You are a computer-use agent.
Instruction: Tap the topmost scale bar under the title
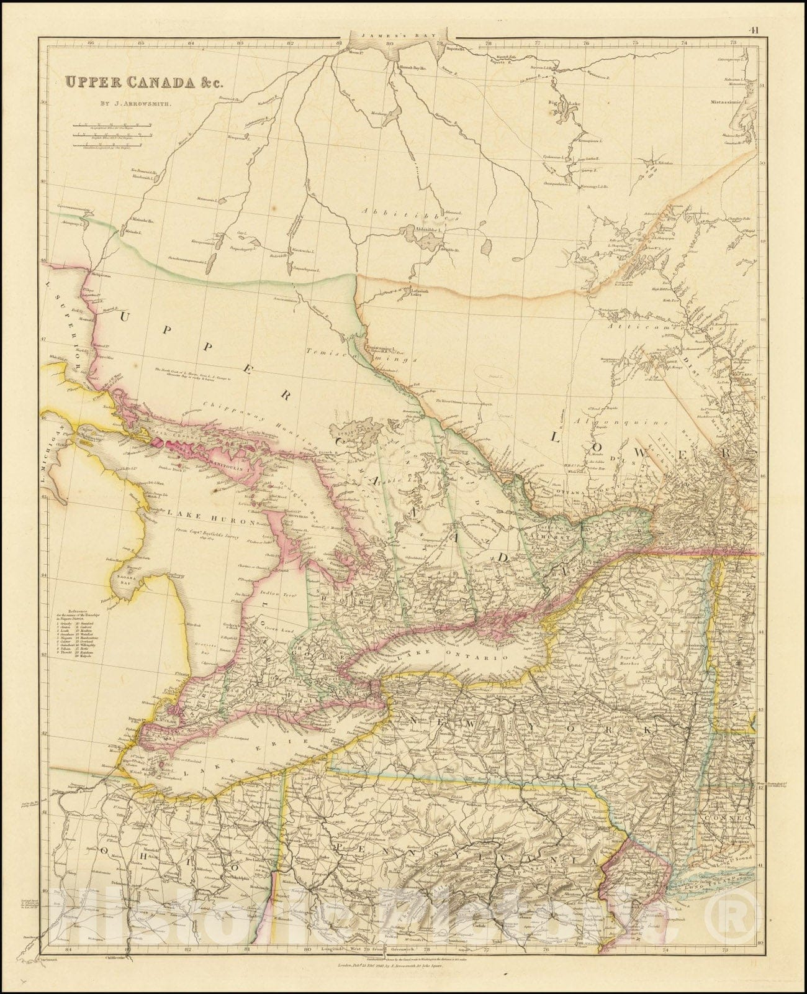point(112,125)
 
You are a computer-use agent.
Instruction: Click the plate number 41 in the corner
point(754,29)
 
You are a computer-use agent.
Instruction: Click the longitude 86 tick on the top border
point(91,43)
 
